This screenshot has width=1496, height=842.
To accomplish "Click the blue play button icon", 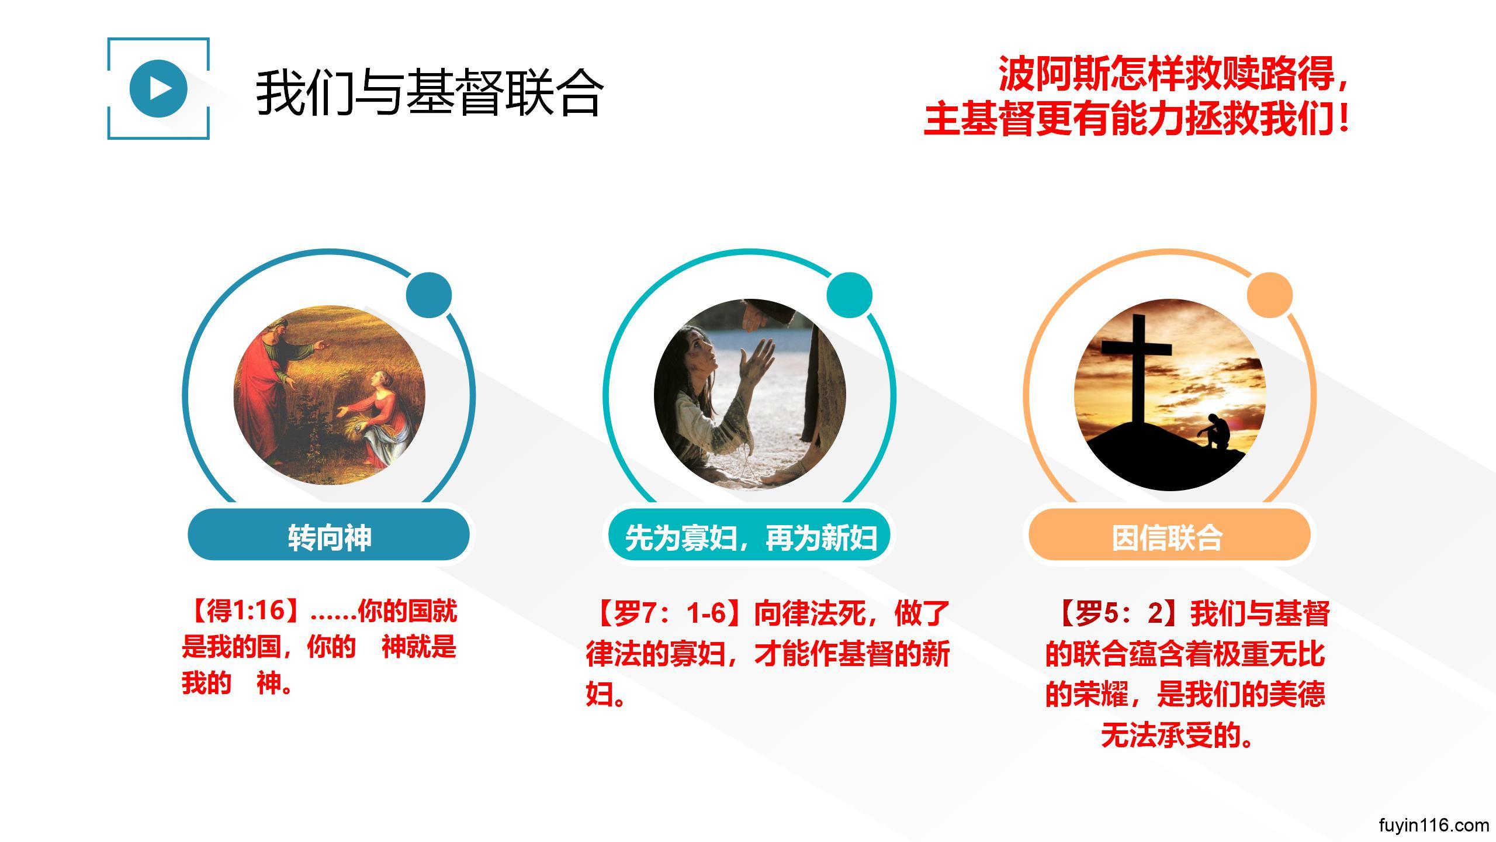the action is tap(158, 88).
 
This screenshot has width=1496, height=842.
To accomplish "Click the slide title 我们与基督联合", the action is tap(430, 92).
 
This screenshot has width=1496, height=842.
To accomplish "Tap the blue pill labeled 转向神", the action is tap(329, 535).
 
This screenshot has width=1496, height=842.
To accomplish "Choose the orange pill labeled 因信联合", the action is tap(1169, 535).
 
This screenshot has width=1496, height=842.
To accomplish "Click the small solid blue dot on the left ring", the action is tap(429, 295).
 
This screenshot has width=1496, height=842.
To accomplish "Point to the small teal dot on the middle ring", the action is tap(849, 295).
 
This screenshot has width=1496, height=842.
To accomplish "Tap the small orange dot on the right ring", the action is tap(1269, 295).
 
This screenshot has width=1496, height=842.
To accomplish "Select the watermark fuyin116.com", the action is tap(1433, 825).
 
